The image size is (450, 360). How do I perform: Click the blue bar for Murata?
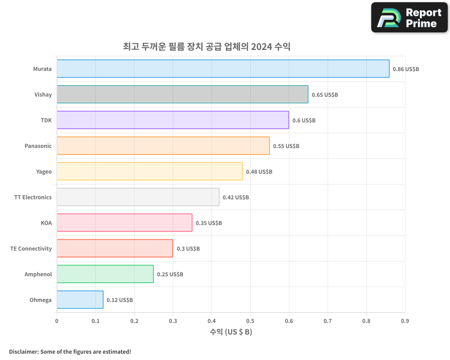tap(223, 69)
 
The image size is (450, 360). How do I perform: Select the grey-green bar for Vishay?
tap(182, 94)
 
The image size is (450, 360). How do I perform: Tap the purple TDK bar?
tap(173, 120)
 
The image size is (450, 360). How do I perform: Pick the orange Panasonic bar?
tap(163, 146)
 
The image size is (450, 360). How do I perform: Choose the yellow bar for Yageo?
tap(149, 171)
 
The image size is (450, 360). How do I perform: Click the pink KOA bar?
tap(124, 223)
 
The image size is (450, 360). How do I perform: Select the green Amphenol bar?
tap(105, 274)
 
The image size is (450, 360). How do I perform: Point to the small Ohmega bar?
tap(80, 300)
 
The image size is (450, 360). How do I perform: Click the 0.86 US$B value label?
tap(405, 69)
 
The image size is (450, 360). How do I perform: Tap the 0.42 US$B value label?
tap(236, 198)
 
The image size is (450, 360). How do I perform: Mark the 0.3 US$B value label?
tap(188, 249)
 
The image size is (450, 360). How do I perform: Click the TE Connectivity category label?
tap(31, 248)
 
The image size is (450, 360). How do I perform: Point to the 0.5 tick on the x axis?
tap(250, 321)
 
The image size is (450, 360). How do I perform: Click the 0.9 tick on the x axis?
tap(405, 321)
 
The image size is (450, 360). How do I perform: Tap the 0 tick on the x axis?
tap(57, 321)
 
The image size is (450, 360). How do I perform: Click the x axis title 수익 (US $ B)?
tap(231, 332)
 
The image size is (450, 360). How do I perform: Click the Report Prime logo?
tap(409, 18)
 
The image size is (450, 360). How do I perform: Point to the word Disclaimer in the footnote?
tap(23, 351)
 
